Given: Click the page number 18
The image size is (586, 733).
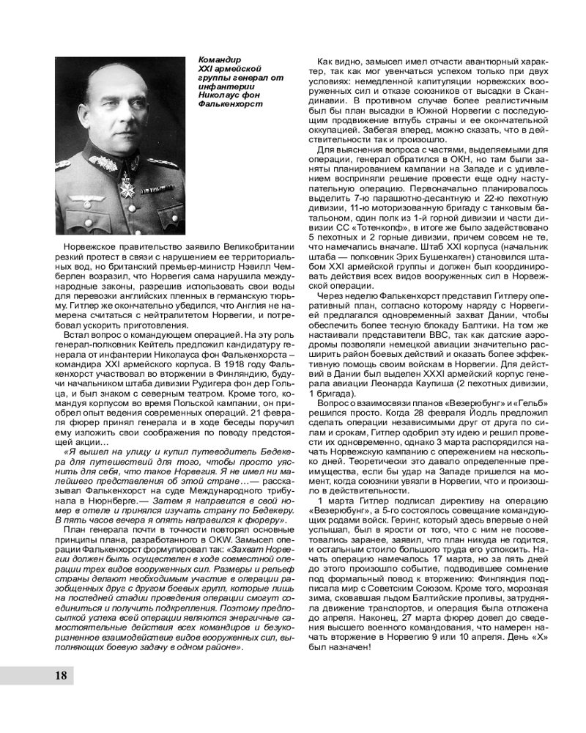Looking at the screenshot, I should click(x=60, y=675).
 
